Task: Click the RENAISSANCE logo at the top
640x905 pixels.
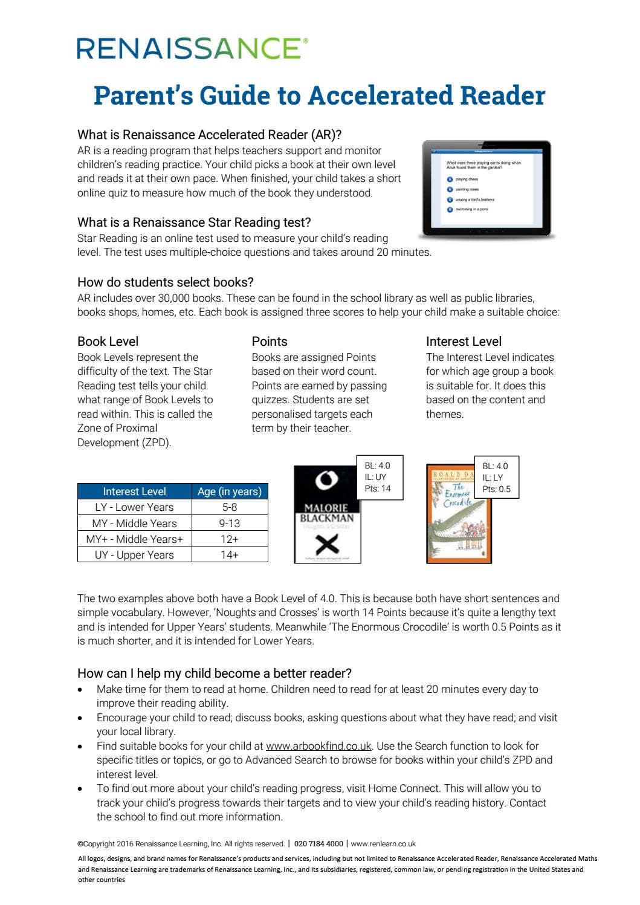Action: click(192, 48)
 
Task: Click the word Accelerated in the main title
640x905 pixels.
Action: click(380, 96)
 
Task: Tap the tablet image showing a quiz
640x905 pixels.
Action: click(486, 189)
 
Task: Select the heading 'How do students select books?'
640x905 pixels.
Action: click(165, 282)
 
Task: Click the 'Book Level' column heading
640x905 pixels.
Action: click(108, 341)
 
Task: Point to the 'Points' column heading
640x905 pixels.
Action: click(270, 341)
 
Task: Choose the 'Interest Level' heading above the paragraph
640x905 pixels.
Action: click(464, 341)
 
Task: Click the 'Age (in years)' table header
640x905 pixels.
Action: click(230, 491)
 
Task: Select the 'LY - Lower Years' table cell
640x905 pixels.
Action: click(134, 507)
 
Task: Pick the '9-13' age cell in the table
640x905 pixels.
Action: click(230, 523)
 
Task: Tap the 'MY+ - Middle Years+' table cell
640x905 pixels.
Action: click(134, 539)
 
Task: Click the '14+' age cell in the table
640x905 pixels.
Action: click(230, 554)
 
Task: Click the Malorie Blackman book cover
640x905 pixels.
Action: click(327, 514)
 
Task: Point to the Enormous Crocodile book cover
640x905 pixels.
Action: click(459, 514)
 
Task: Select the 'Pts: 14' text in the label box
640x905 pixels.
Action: click(378, 488)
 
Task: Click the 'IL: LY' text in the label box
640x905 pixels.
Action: click(493, 478)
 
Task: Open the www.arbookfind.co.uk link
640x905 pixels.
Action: click(318, 746)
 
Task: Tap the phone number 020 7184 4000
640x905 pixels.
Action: click(318, 844)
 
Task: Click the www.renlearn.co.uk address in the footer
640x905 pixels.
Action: click(383, 844)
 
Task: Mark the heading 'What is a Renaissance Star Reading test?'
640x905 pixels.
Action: click(194, 222)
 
